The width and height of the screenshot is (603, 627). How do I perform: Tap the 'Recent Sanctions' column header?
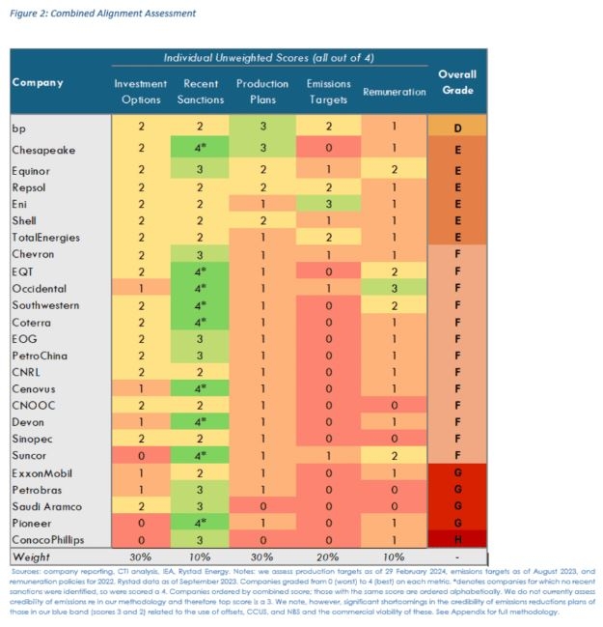(202, 91)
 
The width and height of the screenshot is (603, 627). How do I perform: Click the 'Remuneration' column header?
(394, 92)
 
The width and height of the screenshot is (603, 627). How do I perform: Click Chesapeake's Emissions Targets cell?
(328, 150)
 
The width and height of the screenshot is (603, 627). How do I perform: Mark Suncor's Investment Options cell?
(141, 453)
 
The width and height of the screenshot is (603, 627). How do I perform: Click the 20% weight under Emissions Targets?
(328, 557)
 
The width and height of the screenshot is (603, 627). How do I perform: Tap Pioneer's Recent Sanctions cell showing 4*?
(202, 523)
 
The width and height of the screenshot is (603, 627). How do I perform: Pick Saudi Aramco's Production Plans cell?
(262, 506)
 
